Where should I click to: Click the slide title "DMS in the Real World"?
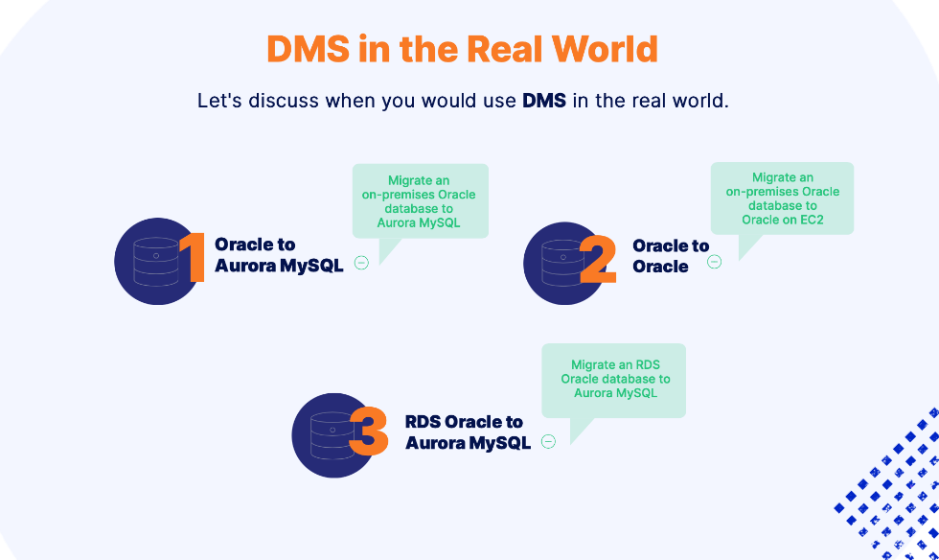click(462, 50)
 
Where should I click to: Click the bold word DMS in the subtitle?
click(544, 101)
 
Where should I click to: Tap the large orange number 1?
click(194, 258)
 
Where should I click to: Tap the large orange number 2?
click(598, 261)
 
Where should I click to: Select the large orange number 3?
click(369, 432)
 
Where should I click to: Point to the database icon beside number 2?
click(563, 263)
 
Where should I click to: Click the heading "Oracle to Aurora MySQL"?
click(278, 255)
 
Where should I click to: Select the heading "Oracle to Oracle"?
click(670, 256)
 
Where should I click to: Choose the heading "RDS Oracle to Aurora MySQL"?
click(468, 432)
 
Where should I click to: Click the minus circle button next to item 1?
click(361, 263)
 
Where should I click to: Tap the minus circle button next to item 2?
click(715, 261)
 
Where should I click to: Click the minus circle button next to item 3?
click(548, 442)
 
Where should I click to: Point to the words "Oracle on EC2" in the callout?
click(782, 220)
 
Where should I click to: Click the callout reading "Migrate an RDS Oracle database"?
click(614, 379)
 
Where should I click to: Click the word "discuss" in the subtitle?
click(285, 101)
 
